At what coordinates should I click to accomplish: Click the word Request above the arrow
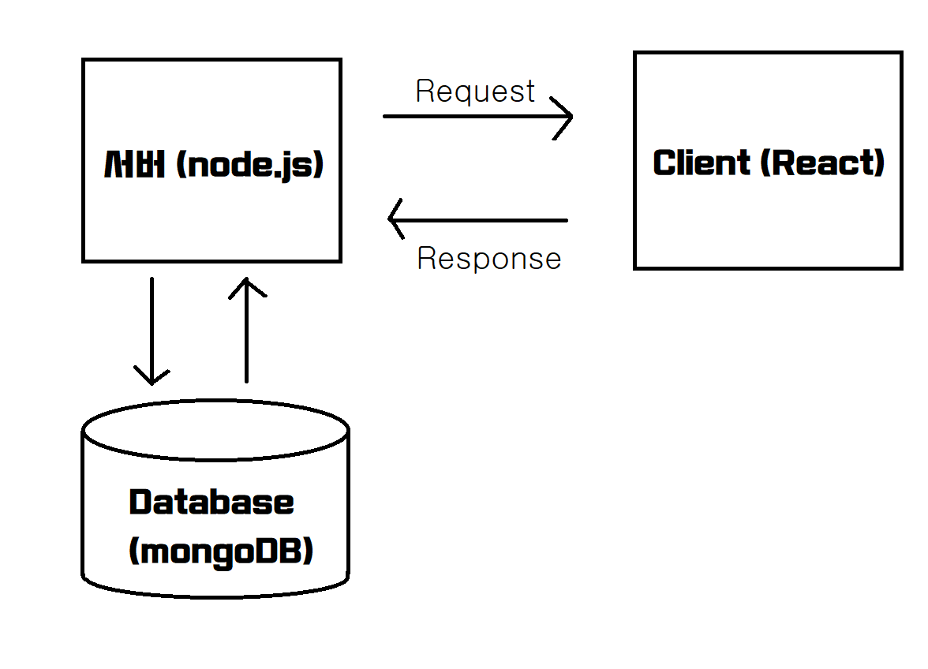[475, 92]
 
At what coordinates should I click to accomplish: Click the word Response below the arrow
[488, 259]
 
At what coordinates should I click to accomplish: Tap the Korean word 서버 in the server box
[134, 165]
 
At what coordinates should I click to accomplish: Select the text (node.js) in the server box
[250, 165]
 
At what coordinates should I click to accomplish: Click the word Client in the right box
[702, 163]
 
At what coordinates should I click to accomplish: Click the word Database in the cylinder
[211, 503]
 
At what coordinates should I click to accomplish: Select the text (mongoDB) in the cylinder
[221, 551]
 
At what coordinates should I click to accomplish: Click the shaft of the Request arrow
[466, 117]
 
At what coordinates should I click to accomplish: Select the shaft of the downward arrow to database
[152, 323]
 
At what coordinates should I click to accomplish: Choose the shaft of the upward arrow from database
[247, 339]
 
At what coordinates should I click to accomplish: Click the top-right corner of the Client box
[900, 54]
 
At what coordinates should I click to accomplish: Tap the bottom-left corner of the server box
[84, 260]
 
